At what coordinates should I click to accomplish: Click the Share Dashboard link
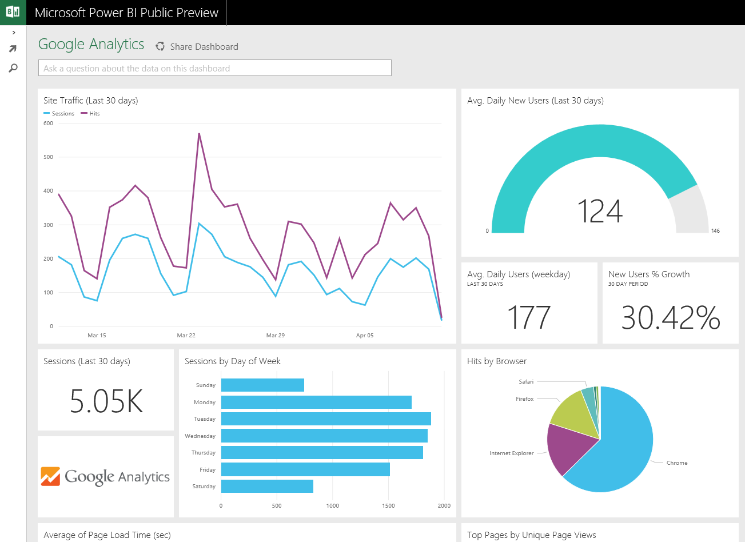(x=204, y=47)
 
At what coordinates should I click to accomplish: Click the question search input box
(x=214, y=68)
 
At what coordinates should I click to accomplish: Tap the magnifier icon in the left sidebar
(x=13, y=68)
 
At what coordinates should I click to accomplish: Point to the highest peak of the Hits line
(x=199, y=134)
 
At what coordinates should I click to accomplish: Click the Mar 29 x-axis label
(x=275, y=336)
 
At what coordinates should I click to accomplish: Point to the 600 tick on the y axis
(x=49, y=123)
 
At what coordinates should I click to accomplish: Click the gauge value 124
(x=599, y=212)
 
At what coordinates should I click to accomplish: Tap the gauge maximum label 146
(x=715, y=231)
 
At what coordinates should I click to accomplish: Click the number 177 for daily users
(x=529, y=317)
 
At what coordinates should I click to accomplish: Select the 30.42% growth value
(x=670, y=317)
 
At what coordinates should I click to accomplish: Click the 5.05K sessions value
(x=106, y=401)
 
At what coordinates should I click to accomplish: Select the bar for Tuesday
(x=326, y=419)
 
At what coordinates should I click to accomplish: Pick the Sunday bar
(x=262, y=385)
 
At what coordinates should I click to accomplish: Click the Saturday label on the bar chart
(x=204, y=487)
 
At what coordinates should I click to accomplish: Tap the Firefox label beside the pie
(x=524, y=399)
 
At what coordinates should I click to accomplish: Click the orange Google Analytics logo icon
(x=50, y=476)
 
